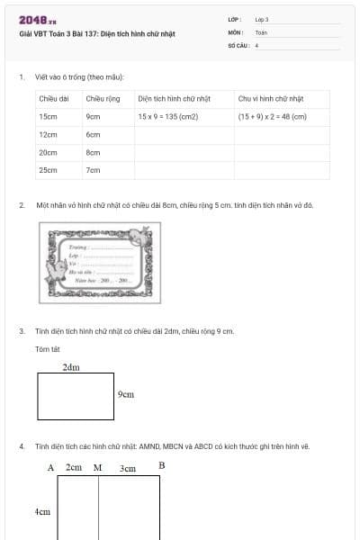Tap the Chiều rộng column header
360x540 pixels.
point(98,98)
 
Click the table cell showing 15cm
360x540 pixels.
point(48,116)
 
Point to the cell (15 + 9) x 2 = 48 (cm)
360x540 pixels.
point(272,116)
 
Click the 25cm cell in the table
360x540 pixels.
point(48,169)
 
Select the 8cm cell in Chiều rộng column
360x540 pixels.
point(93,152)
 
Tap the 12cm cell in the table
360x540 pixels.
point(48,134)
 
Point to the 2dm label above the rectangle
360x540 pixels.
point(70,367)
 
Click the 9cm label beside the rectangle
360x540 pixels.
point(126,394)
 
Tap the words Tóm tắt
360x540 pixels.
point(48,348)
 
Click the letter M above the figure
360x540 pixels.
point(97,467)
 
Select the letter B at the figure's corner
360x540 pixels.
point(162,465)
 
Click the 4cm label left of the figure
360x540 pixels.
point(42,511)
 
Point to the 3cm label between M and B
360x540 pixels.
point(128,468)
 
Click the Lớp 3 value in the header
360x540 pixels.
point(262,19)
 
